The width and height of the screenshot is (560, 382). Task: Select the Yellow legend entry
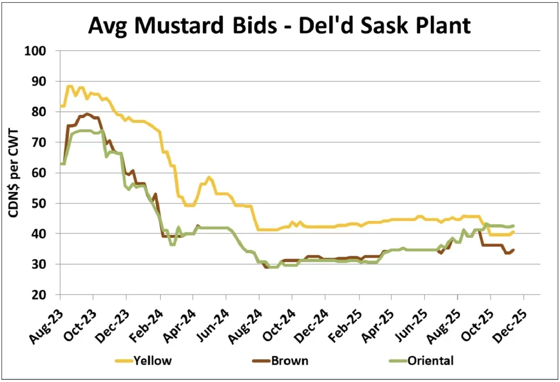point(154,360)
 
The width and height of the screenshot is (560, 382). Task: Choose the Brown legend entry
point(290,360)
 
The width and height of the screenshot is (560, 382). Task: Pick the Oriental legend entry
point(430,360)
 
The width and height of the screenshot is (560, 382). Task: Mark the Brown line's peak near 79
point(87,114)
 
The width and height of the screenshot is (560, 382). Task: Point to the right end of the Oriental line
point(513,225)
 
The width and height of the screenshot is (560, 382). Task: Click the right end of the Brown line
point(513,250)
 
